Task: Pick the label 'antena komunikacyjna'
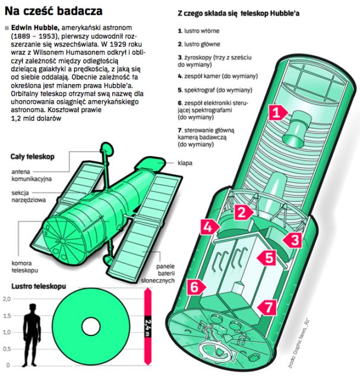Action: pos(26,175)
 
